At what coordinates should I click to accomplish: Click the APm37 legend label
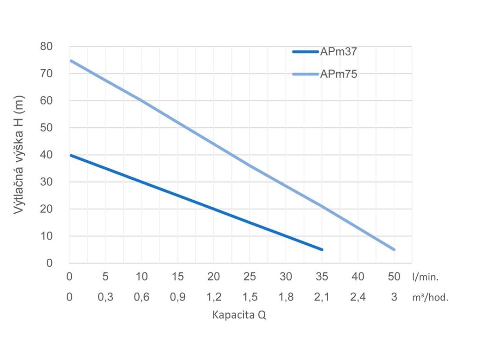pos(339,52)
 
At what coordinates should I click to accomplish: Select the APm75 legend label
pos(339,74)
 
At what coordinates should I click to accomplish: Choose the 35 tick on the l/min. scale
pos(322,277)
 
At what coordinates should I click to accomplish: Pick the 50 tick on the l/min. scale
pos(394,277)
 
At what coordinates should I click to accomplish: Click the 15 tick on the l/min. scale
pos(178,277)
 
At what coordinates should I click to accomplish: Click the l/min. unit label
pos(426,277)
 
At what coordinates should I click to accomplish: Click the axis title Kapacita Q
pos(240,315)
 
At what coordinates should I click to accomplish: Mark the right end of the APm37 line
pos(322,249)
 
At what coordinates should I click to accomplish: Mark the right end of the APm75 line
pos(394,249)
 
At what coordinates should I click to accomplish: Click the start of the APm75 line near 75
pos(70,60)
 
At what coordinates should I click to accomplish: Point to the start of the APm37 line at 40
pos(70,155)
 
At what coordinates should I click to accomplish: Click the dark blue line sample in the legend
pos(305,52)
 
